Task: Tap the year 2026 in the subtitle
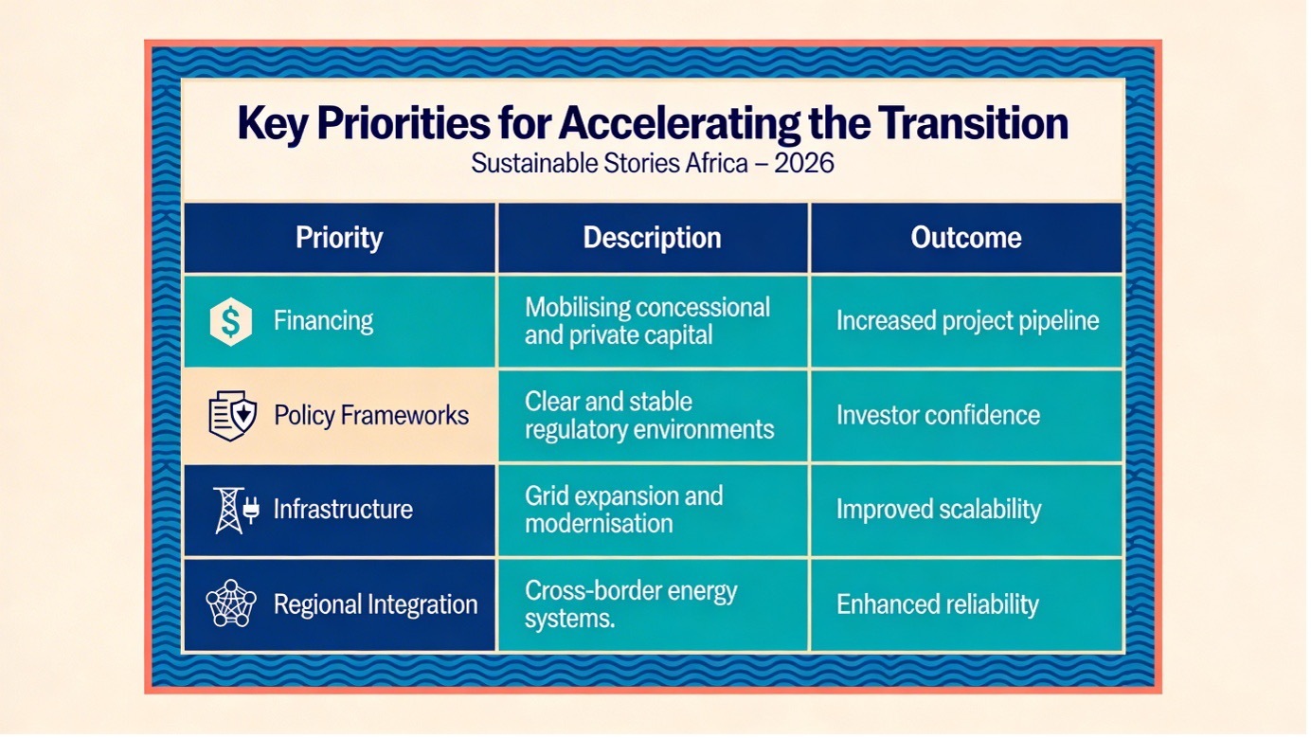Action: point(803,163)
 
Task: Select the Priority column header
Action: point(339,237)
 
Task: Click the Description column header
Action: point(652,238)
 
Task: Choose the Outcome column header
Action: point(965,237)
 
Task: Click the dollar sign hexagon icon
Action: point(230,321)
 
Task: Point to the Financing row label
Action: point(323,321)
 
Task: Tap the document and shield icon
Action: point(232,416)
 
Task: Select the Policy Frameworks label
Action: point(371,415)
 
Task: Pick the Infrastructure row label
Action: point(343,509)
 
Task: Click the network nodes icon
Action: point(231,603)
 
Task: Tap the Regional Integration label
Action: point(376,604)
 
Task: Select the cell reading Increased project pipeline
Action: point(967,321)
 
